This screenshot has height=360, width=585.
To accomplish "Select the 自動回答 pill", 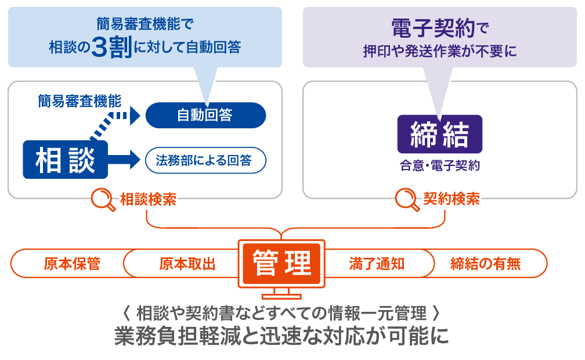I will pyautogui.click(x=205, y=115).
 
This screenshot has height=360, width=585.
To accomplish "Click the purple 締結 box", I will pyautogui.click(x=439, y=135).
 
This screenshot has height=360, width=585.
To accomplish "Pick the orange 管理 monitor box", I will pyautogui.click(x=281, y=264).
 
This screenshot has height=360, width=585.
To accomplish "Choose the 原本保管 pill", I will pyautogui.click(x=72, y=264).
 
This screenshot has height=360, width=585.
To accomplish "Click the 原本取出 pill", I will pyautogui.click(x=187, y=264).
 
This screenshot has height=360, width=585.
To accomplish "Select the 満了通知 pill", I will pyautogui.click(x=377, y=264).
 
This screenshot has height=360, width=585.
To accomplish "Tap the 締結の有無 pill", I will pyautogui.click(x=486, y=264).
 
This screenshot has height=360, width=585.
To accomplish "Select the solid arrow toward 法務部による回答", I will pyautogui.click(x=122, y=157).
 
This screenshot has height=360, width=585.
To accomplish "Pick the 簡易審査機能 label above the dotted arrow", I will pyautogui.click(x=80, y=101).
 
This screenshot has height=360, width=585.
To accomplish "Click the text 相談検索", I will pyautogui.click(x=147, y=199).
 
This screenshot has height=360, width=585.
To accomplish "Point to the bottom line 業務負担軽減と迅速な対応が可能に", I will pyautogui.click(x=281, y=337).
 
